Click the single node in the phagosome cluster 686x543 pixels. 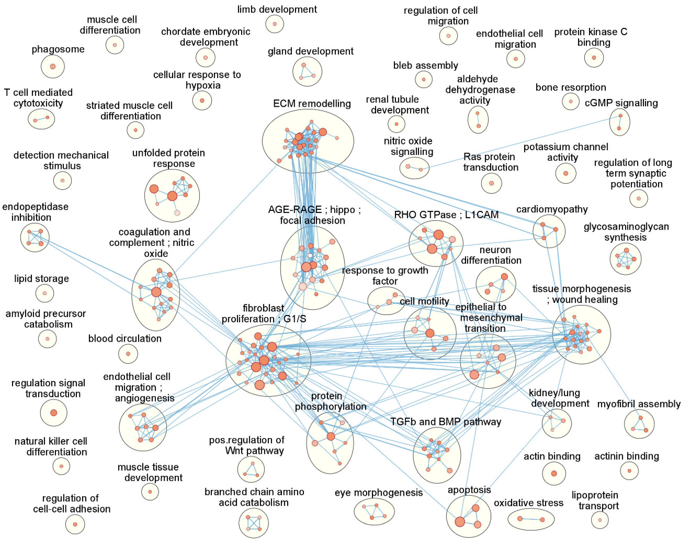click(x=53, y=66)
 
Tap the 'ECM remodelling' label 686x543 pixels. click(x=312, y=104)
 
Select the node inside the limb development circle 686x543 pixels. click(x=275, y=24)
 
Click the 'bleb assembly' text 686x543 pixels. click(x=426, y=65)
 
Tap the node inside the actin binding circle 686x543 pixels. click(x=554, y=473)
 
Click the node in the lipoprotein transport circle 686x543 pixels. click(x=600, y=520)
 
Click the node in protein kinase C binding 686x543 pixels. click(x=594, y=58)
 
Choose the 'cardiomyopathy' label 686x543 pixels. click(x=552, y=209)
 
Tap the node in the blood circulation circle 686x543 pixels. click(x=128, y=353)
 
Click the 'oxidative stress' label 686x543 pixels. click(x=528, y=503)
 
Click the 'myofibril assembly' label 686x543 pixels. click(x=639, y=404)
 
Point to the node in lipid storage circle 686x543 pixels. click(x=44, y=293)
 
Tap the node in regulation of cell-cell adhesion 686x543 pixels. click(x=75, y=524)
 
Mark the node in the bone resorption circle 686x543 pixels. click(x=571, y=101)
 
